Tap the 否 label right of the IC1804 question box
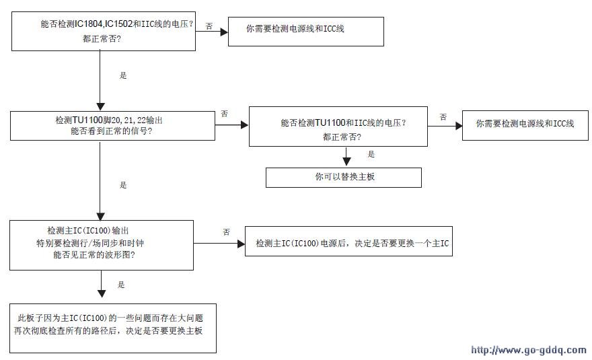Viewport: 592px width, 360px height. pyautogui.click(x=209, y=26)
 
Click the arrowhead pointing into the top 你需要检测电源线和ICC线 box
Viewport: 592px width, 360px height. pyautogui.click(x=224, y=32)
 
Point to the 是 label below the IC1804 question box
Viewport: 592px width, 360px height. pyautogui.click(x=123, y=75)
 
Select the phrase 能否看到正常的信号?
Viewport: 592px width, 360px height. pyautogui.click(x=112, y=131)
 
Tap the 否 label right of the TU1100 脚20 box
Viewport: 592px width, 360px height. pyautogui.click(x=224, y=113)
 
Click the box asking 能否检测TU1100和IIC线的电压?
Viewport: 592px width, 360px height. pyautogui.click(x=338, y=127)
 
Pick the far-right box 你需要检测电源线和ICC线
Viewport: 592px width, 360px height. pyautogui.click(x=525, y=125)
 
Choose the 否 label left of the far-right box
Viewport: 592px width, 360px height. pyautogui.click(x=443, y=117)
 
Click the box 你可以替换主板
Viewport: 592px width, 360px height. pyautogui.click(x=344, y=178)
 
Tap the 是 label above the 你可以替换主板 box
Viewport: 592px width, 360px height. pyautogui.click(x=371, y=154)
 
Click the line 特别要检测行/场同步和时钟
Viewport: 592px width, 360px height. pyautogui.click(x=90, y=243)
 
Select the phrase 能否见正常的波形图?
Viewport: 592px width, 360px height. pyautogui.click(x=94, y=254)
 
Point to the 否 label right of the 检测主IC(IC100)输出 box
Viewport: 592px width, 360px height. pyautogui.click(x=226, y=232)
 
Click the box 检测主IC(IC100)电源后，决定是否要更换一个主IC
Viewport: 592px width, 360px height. pyautogui.click(x=349, y=242)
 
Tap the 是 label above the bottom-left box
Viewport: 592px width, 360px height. pyautogui.click(x=121, y=285)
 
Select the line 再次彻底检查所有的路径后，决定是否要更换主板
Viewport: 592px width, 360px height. pyautogui.click(x=108, y=330)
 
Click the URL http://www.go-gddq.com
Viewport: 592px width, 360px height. pyautogui.click(x=529, y=350)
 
